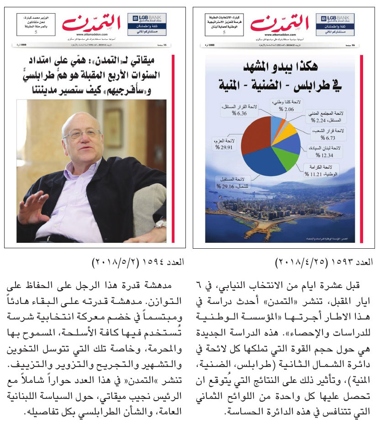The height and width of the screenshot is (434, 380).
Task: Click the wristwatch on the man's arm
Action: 160,224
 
